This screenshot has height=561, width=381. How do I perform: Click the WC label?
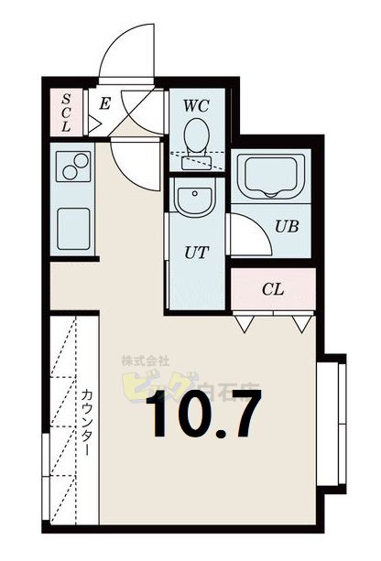pyautogui.click(x=196, y=105)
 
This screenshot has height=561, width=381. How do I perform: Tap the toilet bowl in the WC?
pyautogui.click(x=195, y=138)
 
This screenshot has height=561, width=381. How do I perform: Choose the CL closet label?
pyautogui.click(x=273, y=290)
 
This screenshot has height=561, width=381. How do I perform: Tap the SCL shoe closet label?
pyautogui.click(x=66, y=113)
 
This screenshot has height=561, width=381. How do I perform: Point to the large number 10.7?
pyautogui.click(x=202, y=415)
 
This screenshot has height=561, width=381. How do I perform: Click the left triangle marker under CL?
pyautogui.click(x=244, y=323)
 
